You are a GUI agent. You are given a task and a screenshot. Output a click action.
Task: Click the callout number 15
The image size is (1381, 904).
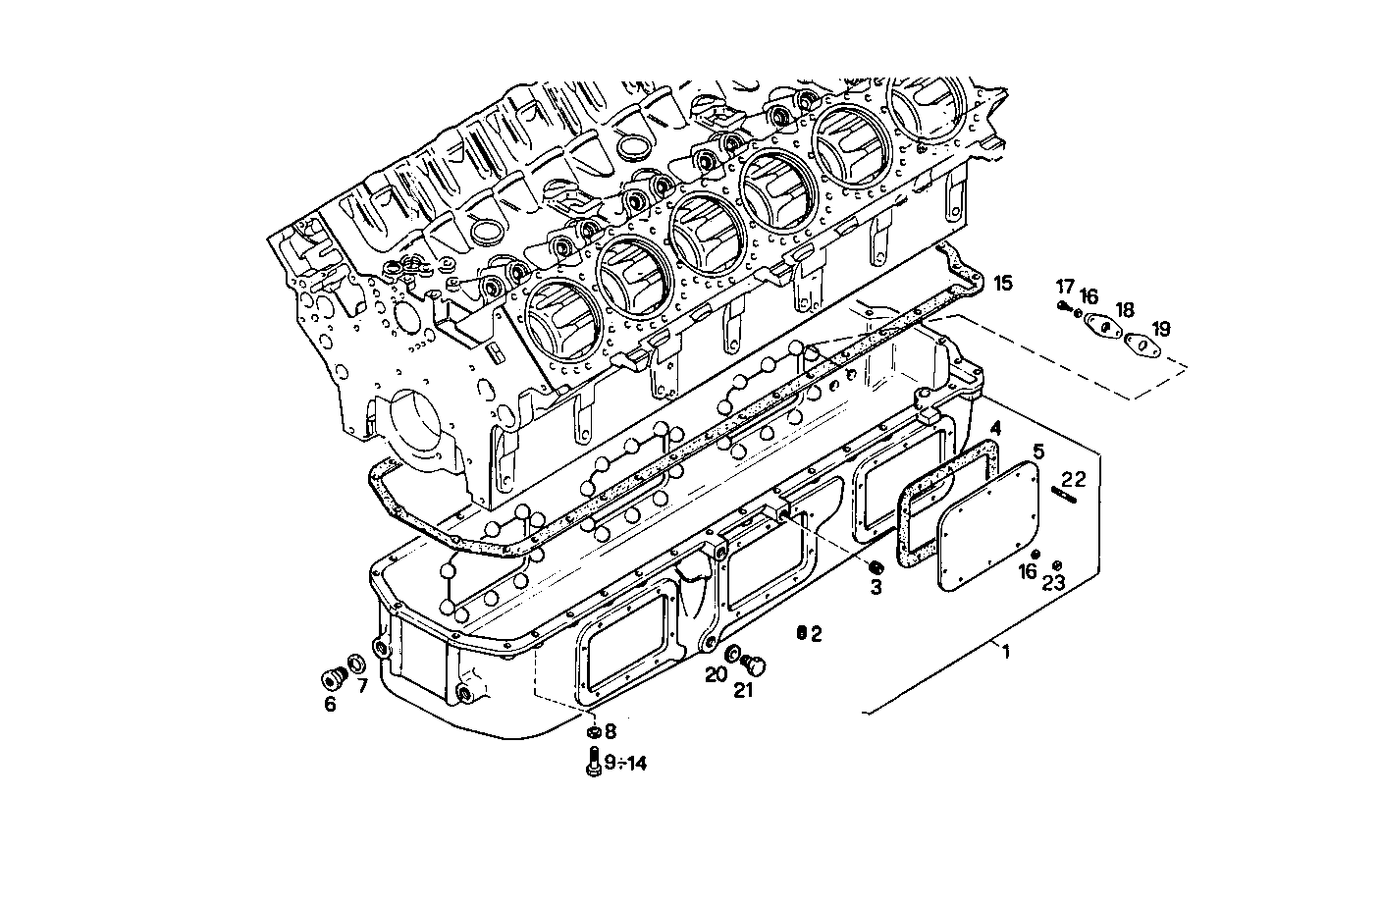tap(1001, 284)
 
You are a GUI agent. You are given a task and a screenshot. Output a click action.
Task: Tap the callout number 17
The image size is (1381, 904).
tap(1065, 287)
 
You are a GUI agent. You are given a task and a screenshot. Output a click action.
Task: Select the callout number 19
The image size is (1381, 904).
tap(1160, 329)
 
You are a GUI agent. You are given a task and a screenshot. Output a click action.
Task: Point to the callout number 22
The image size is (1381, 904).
tap(1074, 479)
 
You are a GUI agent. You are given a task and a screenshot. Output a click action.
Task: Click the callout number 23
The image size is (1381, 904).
tap(1053, 583)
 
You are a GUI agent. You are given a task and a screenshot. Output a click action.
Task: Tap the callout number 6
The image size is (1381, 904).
tap(330, 704)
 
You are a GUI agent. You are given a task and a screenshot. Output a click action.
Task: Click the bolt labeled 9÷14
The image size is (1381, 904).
tap(593, 762)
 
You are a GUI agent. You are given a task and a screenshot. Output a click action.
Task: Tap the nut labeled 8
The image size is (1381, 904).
tap(593, 732)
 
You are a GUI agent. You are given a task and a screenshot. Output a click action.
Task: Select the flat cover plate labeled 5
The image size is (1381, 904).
tap(987, 527)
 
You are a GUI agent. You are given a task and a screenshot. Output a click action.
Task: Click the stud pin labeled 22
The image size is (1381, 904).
tap(1064, 496)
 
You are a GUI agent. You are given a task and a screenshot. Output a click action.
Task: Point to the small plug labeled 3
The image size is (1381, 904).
tap(876, 567)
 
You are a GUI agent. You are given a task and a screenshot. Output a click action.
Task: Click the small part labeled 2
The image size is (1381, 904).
tap(801, 633)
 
